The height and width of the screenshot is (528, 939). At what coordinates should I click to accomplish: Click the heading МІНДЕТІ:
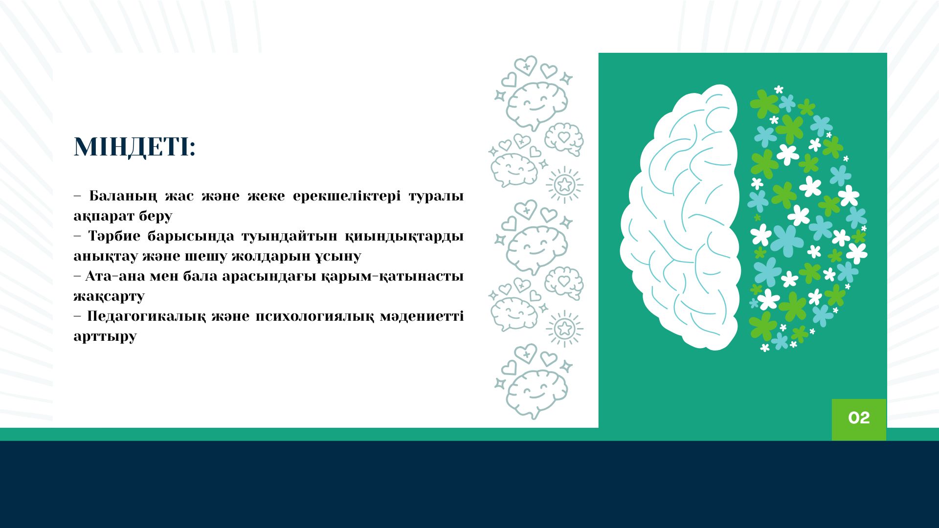134,147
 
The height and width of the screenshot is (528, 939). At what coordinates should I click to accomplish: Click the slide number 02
859,418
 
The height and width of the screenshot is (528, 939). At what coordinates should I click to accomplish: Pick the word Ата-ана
115,276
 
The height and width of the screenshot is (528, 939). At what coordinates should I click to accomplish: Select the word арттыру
105,337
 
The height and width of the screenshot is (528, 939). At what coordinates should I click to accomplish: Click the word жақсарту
109,297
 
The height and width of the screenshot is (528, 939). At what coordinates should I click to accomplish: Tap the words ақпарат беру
123,217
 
